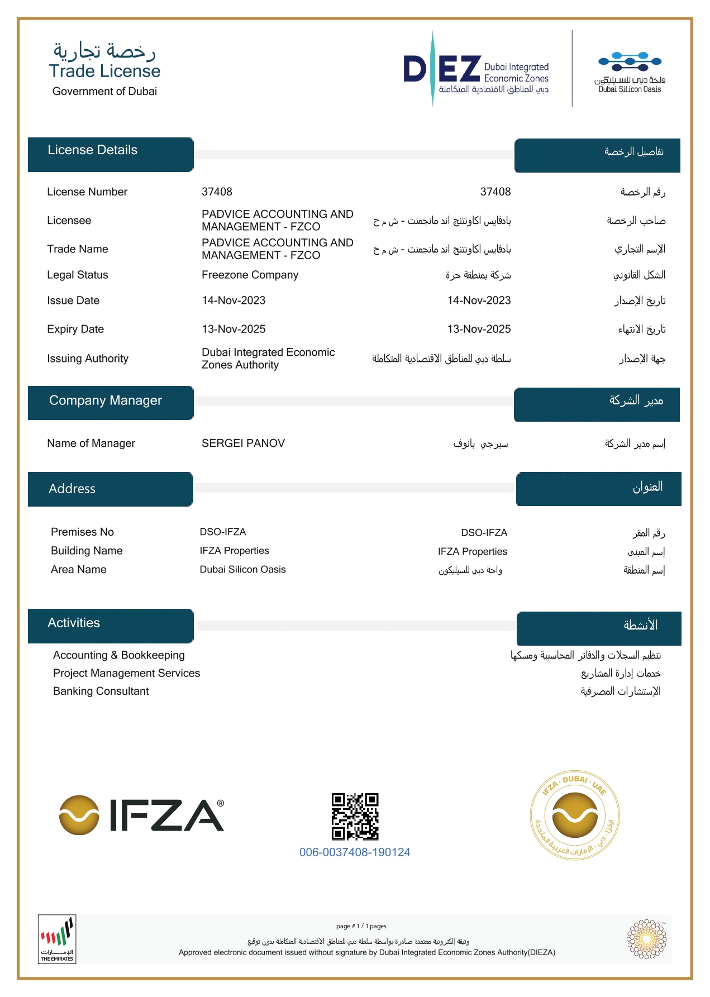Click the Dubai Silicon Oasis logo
tap(630, 71)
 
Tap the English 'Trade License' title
tap(104, 71)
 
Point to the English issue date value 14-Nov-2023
tap(234, 300)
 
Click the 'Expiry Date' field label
tap(75, 329)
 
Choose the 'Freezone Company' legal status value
tap(250, 275)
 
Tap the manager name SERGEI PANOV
tap(243, 443)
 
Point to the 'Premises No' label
tap(82, 532)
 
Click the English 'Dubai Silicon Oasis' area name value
tap(242, 569)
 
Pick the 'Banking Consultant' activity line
tap(101, 691)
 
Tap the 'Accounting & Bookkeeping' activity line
tap(118, 655)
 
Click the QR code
tap(355, 817)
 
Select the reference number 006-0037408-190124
tap(355, 852)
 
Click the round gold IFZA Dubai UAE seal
tap(575, 817)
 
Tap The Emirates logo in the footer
tap(57, 939)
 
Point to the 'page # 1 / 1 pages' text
tap(361, 926)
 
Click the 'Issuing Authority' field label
tap(88, 359)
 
